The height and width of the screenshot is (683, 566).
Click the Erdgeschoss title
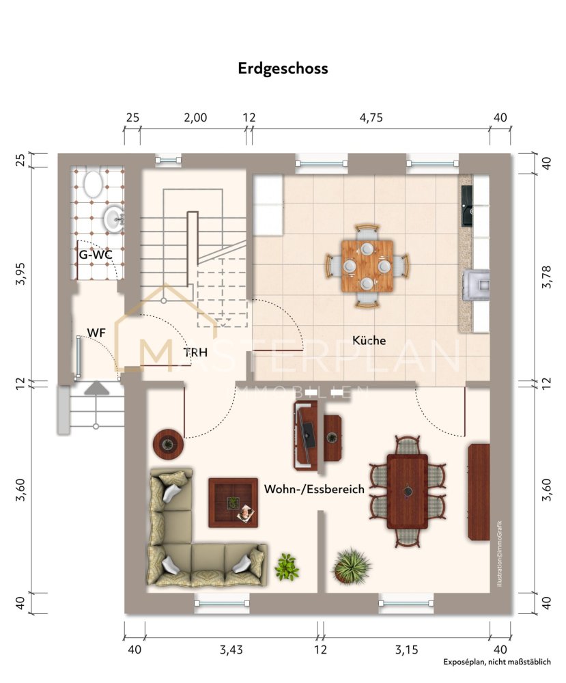283,68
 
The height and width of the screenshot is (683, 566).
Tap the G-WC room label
96,255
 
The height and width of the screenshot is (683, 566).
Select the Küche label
369,340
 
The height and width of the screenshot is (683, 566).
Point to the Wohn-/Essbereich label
314,489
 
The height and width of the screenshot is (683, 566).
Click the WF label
96,333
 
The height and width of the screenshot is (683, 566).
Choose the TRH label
195,352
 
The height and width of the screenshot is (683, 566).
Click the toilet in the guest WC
92,184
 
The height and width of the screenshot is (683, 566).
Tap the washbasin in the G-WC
114,219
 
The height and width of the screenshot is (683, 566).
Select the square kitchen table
367,266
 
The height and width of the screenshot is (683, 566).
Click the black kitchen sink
467,206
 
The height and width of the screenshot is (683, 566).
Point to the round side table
168,445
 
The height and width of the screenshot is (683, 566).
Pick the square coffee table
233,503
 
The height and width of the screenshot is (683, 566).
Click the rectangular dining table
408,491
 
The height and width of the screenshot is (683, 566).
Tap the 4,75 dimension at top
371,117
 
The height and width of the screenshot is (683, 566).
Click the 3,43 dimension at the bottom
231,650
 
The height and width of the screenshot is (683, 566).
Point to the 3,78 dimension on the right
546,277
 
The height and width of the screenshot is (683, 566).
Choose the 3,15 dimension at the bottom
407,650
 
